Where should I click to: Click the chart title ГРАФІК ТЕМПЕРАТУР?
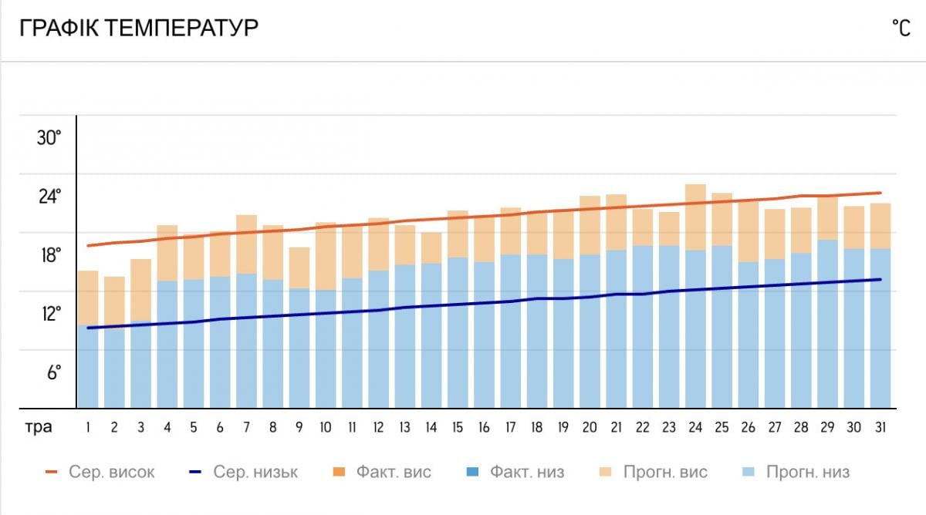[139, 29]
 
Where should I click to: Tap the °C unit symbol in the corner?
[901, 29]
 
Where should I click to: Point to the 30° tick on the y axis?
[49, 139]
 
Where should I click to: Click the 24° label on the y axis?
[49, 197]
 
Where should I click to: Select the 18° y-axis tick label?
[49, 256]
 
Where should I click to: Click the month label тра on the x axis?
[37, 427]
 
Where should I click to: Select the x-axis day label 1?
[89, 427]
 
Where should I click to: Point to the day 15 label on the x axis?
[458, 427]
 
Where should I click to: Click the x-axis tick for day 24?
[695, 427]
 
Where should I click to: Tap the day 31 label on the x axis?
[880, 427]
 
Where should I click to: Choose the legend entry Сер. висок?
[100, 472]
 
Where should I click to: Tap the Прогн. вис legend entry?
[656, 472]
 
